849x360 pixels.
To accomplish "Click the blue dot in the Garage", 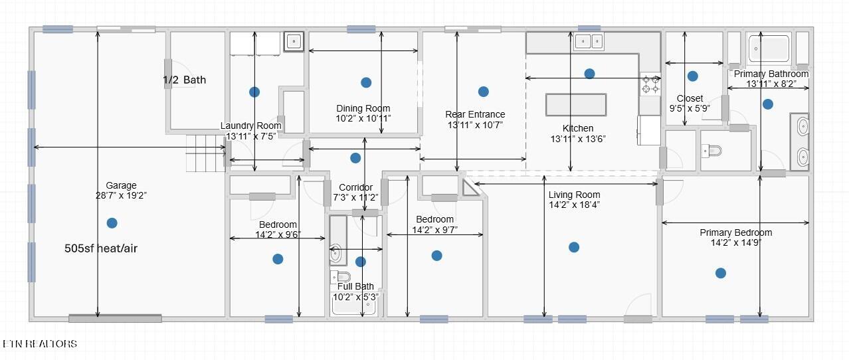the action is coord(112,223).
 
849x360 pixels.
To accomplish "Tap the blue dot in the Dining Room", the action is coord(366,82).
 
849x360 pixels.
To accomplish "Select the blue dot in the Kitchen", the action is coord(589,74).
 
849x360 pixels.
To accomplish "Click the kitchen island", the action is coord(576,104).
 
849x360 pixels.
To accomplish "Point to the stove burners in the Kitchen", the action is coord(651,84).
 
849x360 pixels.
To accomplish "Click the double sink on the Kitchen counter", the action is coord(589,41).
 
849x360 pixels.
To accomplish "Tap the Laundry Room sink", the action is coord(294,41).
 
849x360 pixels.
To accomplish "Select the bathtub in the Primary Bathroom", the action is coord(769,48).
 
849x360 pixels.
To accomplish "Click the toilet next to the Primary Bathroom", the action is coord(711,151).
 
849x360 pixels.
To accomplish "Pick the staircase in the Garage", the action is coord(205,153).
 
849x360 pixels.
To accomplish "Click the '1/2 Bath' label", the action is coord(185,80).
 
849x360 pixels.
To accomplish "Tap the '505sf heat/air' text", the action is coord(101,248).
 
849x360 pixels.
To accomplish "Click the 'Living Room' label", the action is coord(574,195).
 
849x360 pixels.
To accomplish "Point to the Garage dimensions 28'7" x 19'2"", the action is coord(121,195).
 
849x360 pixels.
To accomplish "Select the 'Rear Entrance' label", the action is coord(475,114).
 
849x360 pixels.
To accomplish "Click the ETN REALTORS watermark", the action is coord(40,343).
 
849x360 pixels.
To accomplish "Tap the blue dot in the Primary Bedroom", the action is coord(721,273).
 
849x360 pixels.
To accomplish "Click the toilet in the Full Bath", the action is coord(340,276).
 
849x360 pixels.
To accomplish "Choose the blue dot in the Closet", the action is coord(692,76).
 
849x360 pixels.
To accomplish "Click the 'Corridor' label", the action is coord(355,187).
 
